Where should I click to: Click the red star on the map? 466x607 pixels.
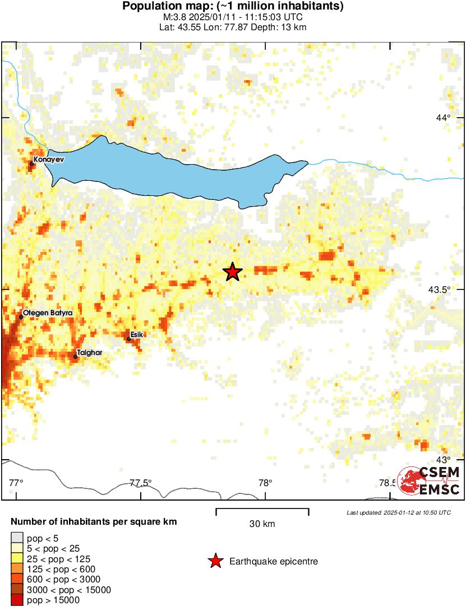pos(233,272)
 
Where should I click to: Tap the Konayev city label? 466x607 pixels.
pos(49,160)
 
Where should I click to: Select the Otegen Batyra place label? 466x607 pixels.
pos(48,312)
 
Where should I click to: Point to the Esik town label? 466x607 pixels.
pos(138,334)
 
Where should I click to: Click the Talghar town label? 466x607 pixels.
pos(90,353)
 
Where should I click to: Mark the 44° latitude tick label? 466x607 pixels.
pos(443,118)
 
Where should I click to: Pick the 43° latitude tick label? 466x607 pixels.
pos(443,460)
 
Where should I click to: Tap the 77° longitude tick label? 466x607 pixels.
pos(16,483)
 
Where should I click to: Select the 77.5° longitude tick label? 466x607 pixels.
pos(141,483)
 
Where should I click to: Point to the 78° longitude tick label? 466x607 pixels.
pos(265,483)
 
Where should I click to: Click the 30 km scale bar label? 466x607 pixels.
pos(262,524)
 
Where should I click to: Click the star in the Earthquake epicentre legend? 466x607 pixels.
pos(215,561)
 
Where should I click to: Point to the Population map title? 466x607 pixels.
pos(233,7)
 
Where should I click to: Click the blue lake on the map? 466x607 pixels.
pos(168,168)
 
